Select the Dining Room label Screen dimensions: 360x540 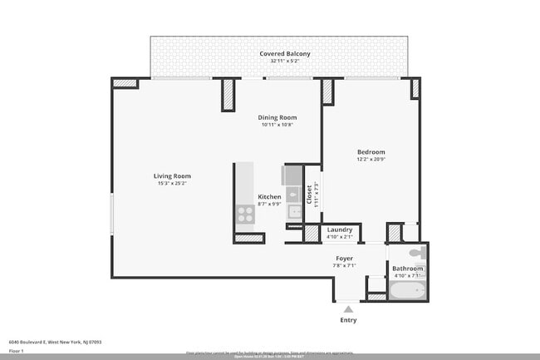pos(278,117)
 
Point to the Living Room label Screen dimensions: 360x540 pos(172,175)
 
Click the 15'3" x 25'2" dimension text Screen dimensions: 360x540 pos(172,184)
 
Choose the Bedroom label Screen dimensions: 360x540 pos(371,151)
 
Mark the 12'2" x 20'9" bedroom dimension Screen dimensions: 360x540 pos(371,160)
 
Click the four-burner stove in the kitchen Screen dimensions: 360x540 pos(245,215)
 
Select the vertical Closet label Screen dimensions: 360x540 pos(308,195)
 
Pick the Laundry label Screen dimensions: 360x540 pos(339,229)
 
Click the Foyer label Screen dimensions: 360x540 pos(344,259)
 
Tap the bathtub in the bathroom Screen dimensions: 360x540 pos(407,291)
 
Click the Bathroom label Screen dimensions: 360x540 pos(407,269)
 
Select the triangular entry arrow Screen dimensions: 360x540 pos(348,308)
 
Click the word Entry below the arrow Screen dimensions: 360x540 pos(348,320)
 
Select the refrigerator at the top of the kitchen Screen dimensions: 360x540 pos(293,175)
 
